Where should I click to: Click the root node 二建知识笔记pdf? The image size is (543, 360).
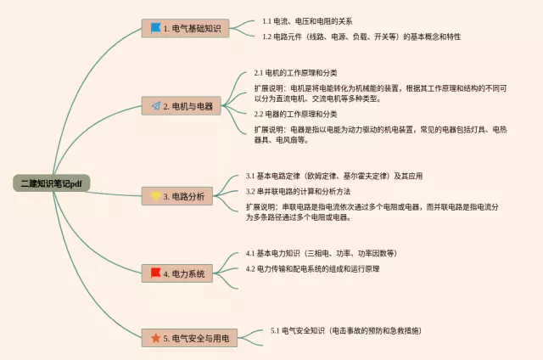(x=52, y=183)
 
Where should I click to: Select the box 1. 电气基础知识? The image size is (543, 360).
(x=185, y=28)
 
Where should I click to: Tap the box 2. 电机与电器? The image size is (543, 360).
(x=181, y=106)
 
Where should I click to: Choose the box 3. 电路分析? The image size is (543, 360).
(x=177, y=196)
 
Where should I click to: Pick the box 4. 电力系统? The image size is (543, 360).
(x=177, y=273)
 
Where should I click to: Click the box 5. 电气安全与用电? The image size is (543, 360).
(x=189, y=338)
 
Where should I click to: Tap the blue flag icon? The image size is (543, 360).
(x=156, y=28)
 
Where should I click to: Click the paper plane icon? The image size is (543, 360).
(x=156, y=106)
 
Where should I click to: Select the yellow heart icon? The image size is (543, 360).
(x=156, y=196)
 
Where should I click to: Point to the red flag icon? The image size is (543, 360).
(x=156, y=273)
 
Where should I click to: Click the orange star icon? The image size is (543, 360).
(x=156, y=338)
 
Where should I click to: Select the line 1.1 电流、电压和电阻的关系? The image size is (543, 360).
(x=307, y=21)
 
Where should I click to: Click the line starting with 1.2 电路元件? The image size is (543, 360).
(x=361, y=37)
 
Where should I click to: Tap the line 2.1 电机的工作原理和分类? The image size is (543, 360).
(x=295, y=73)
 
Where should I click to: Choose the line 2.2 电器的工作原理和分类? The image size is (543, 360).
(x=295, y=114)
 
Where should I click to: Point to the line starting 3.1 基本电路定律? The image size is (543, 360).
(x=334, y=176)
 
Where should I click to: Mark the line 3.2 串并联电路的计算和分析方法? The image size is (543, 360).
(x=298, y=191)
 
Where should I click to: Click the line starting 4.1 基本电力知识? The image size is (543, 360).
(x=322, y=253)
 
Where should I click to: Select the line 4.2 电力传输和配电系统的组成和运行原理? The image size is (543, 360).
(x=313, y=269)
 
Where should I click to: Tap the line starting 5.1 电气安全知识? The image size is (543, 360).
(x=346, y=330)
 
